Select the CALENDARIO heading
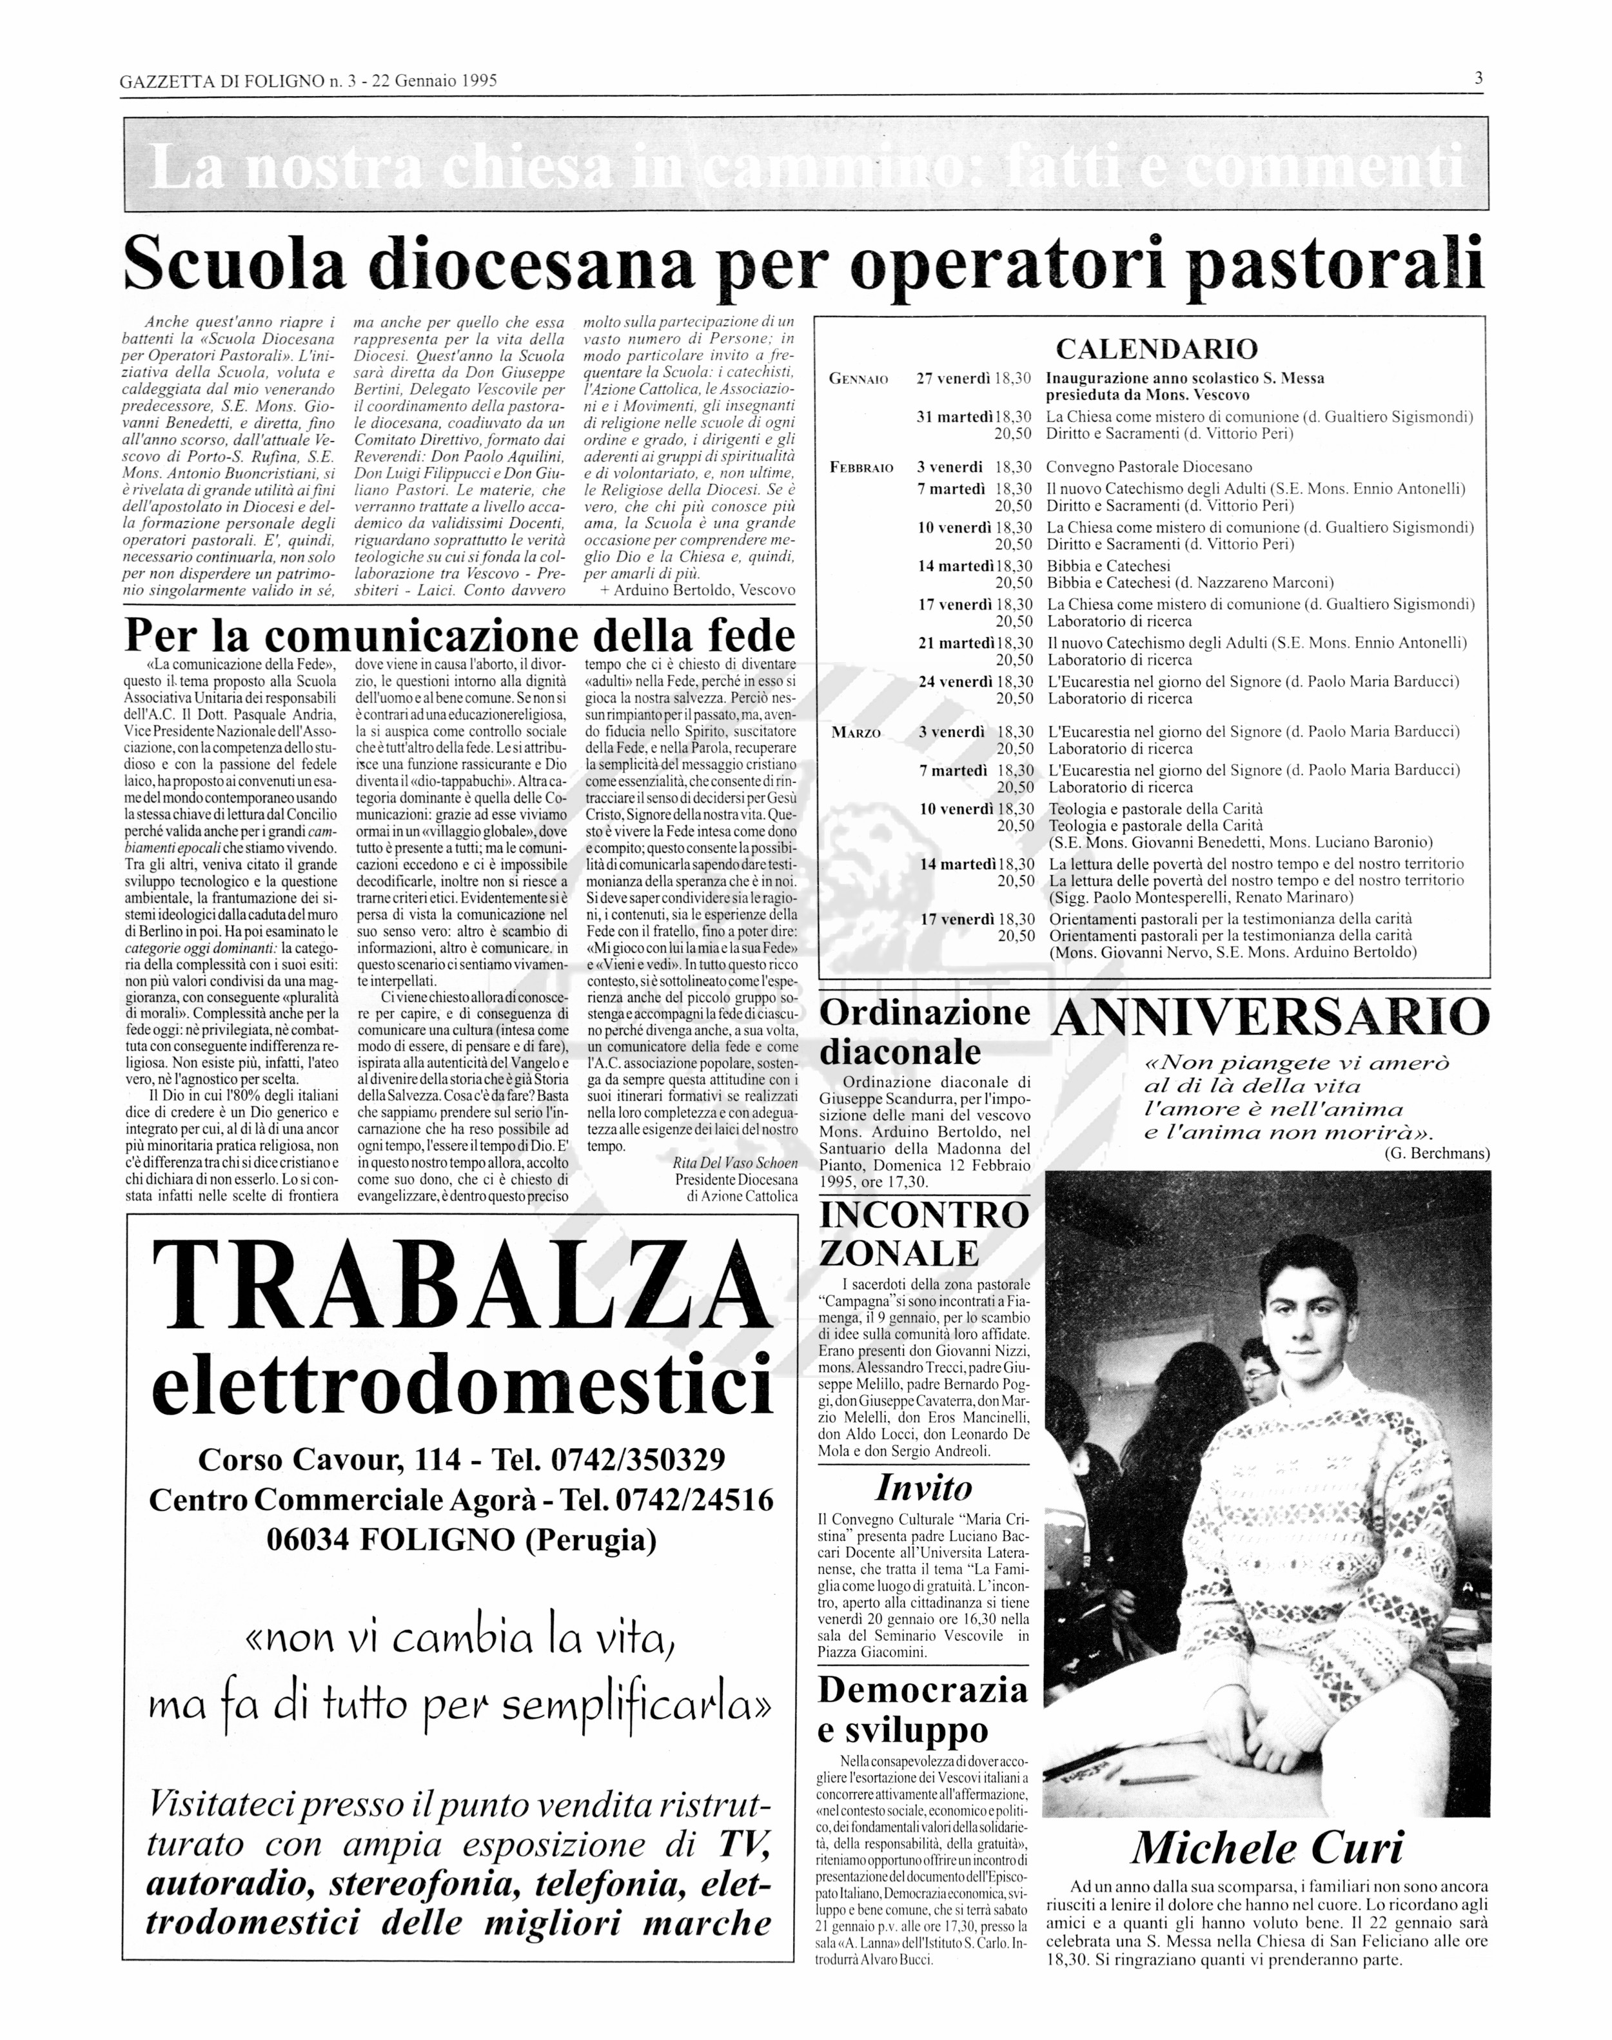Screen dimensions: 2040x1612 (1156, 349)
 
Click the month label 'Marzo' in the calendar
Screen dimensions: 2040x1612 (856, 733)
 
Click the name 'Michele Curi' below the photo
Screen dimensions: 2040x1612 (1268, 1847)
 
